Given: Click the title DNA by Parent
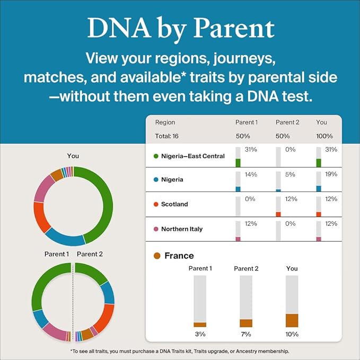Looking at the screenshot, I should coord(180,28).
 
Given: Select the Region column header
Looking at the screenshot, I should coord(165,122).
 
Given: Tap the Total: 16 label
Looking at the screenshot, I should coord(167,136).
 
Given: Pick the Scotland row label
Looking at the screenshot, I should coord(174,204).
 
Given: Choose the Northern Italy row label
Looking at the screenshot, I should coord(182,229).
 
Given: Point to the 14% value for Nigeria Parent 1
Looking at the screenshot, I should coord(250,174).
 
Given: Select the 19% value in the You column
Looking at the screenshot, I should coord(330,174).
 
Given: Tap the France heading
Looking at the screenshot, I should coord(179,256).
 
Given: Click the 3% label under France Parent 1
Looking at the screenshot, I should coord(200,334).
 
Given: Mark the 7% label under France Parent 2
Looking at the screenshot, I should coord(246,334).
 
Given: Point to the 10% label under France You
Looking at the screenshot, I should coord(292,334).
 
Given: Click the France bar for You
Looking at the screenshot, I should coord(292,320).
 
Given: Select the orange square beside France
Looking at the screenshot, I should coord(156,256).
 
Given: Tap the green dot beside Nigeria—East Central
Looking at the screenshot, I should coord(155,156).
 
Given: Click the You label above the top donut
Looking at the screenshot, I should coord(73,156).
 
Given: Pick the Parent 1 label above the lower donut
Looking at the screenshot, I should coord(56,254).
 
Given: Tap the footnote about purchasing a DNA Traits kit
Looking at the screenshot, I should coord(180,351).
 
